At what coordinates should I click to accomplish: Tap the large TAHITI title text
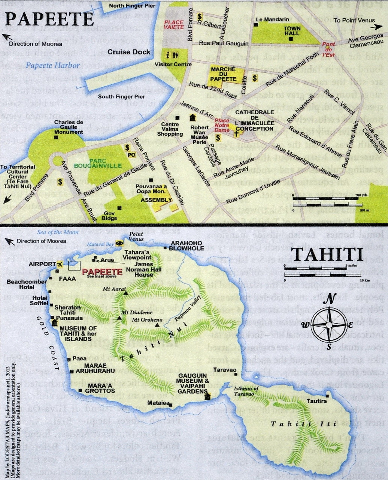tap(327, 254)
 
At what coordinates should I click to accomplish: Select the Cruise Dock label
tap(129, 52)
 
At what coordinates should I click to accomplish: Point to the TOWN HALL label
tap(292, 31)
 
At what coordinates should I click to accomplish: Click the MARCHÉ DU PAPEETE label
tap(224, 74)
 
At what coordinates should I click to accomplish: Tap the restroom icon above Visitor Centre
tap(175, 55)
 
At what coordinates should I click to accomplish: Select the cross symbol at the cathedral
tap(236, 134)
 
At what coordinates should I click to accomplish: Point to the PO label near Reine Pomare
tap(131, 154)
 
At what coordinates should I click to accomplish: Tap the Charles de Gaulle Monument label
tap(69, 127)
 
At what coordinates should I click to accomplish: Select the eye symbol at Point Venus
tap(119, 243)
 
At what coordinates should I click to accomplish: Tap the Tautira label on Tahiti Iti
tap(316, 401)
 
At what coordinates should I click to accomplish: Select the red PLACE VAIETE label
tap(174, 25)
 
